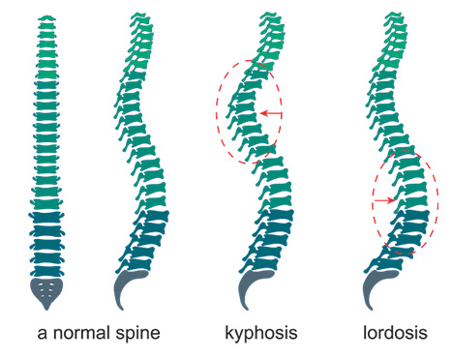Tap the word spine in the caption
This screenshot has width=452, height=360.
(x=138, y=333)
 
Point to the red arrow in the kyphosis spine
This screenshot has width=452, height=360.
(x=271, y=114)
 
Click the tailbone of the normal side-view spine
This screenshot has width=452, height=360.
(x=131, y=290)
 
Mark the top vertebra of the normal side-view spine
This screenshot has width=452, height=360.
(x=142, y=15)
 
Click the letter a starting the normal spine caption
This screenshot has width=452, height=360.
(x=43, y=334)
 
